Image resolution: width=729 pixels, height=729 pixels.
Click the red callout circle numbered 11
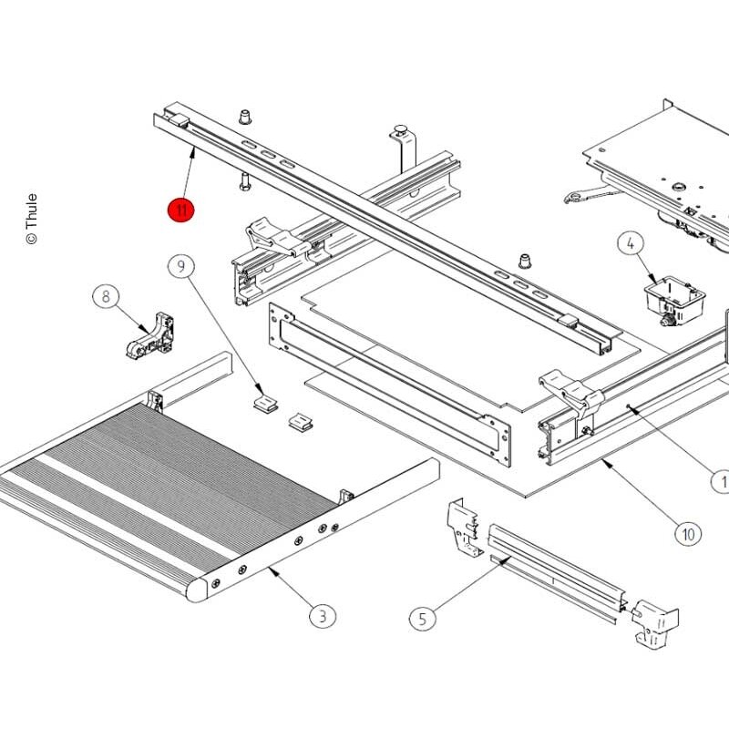click(180, 210)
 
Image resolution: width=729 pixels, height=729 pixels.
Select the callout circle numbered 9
click(180, 266)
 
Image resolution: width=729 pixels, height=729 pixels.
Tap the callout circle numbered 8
click(106, 297)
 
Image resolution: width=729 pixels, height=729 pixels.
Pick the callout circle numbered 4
click(631, 243)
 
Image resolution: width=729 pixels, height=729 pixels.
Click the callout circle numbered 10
click(688, 534)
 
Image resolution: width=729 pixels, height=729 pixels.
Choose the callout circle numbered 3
click(323, 617)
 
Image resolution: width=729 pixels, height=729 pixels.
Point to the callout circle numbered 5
click(423, 619)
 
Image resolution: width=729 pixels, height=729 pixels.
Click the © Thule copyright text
click(31, 219)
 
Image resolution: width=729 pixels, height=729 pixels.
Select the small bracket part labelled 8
click(150, 335)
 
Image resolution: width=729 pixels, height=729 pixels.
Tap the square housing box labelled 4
click(674, 301)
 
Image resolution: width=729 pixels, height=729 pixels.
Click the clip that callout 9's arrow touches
click(265, 403)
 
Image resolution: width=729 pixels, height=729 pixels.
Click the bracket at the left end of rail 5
click(463, 528)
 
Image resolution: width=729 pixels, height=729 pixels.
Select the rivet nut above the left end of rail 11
click(245, 117)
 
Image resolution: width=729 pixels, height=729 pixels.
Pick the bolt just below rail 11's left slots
click(245, 181)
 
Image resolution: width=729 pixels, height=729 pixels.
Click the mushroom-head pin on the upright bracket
click(401, 128)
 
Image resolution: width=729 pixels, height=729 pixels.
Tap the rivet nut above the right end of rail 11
click(525, 261)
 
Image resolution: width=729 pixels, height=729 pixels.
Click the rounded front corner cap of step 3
click(197, 590)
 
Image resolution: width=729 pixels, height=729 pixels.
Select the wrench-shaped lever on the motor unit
click(591, 194)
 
